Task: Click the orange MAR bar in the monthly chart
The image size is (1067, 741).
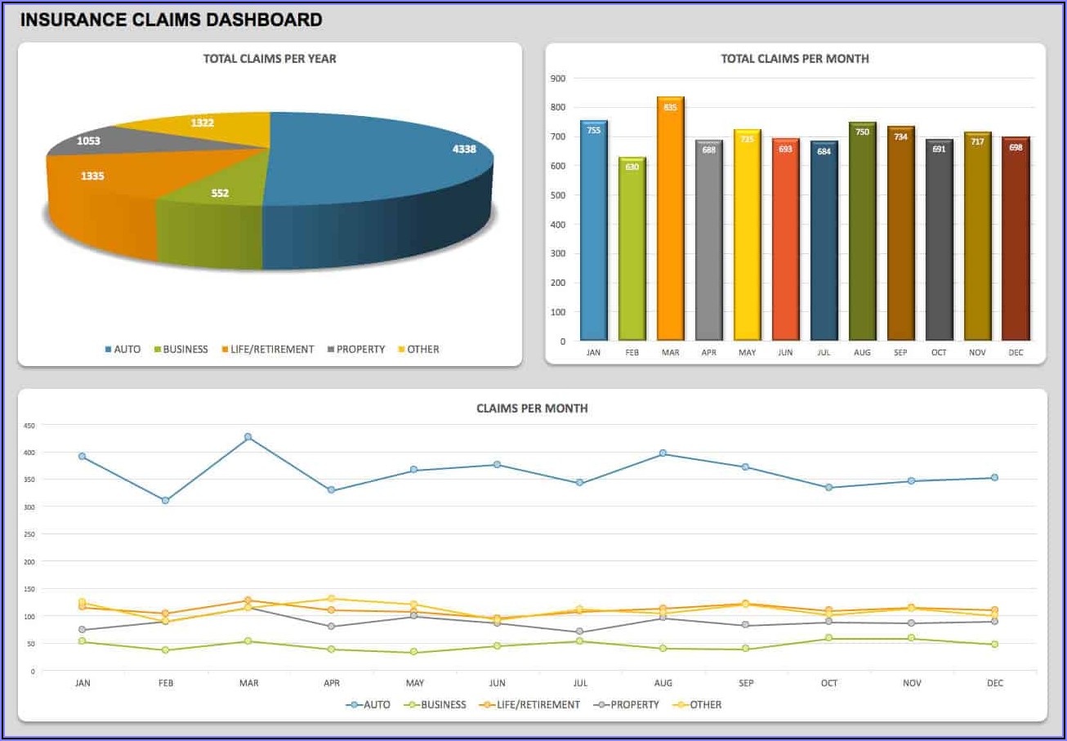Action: (670, 221)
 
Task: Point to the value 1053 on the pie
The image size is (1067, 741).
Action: (88, 141)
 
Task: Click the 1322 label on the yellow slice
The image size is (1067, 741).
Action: (203, 123)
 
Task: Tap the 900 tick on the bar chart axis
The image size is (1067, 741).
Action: (558, 78)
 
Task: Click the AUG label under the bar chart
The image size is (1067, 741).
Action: (862, 352)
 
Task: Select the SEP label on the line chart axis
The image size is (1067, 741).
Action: (745, 683)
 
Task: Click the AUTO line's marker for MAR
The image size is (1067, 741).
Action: (248, 437)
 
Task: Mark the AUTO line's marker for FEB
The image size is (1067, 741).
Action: (165, 500)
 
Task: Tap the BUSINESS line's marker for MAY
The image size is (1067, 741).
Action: (413, 652)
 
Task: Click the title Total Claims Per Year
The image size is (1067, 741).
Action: (270, 59)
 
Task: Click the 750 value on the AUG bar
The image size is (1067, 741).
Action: (862, 132)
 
